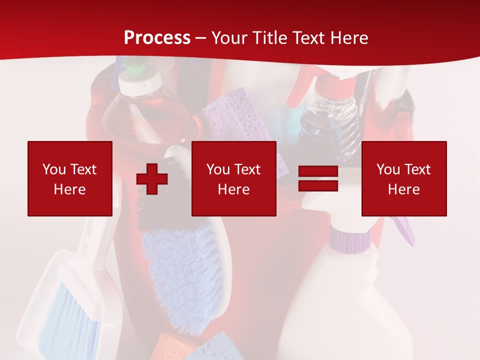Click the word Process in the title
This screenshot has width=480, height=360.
[x=157, y=38]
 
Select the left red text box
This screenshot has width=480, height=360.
[x=70, y=178]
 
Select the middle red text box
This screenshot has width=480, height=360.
[x=234, y=178]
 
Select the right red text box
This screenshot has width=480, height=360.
[x=404, y=178]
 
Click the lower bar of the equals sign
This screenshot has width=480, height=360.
[x=318, y=185]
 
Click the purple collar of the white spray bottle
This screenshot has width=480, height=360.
[x=350, y=239]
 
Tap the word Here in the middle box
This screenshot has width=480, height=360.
[x=234, y=189]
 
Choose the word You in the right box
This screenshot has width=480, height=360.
[x=388, y=169]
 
